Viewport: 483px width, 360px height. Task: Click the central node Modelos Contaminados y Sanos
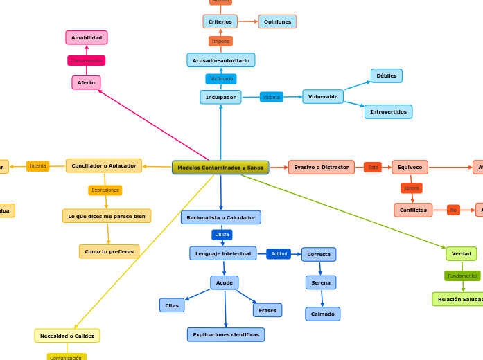coord(220,168)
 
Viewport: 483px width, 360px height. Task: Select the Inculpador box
coord(220,97)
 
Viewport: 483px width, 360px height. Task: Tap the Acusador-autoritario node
coord(220,60)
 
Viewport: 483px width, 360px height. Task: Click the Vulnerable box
coord(323,97)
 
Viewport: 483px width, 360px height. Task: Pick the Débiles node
coord(386,76)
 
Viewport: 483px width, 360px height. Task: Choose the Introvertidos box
coord(388,111)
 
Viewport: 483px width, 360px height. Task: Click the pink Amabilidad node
coord(87,37)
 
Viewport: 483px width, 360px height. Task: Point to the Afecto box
coord(86,83)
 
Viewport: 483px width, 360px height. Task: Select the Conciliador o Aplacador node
coord(104,166)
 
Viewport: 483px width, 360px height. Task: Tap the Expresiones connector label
coord(105,190)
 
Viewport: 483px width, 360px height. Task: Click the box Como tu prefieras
coord(109,251)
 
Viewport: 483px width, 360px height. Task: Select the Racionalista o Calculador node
coord(221,217)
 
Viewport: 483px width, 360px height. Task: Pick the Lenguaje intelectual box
coord(223,253)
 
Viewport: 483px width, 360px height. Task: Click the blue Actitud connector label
coord(279,254)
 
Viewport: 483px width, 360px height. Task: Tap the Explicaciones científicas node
coord(226,334)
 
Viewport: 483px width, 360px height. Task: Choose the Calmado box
coord(322,314)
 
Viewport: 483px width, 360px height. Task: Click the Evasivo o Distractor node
coord(321,167)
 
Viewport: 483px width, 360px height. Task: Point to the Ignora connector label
coord(412,188)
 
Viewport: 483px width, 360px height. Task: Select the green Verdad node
coord(461,254)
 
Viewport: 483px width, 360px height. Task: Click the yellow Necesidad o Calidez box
coord(67,336)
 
